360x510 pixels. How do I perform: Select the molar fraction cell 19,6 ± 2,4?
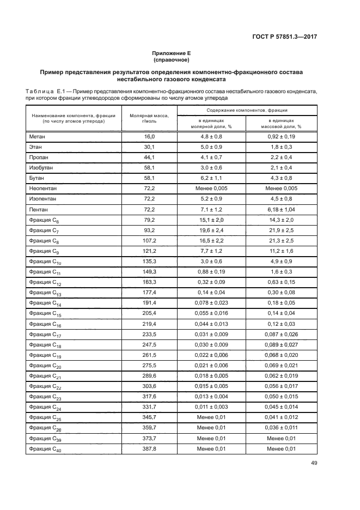pyautogui.click(x=211, y=229)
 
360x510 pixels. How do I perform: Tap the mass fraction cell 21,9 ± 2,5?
pyautogui.click(x=280, y=229)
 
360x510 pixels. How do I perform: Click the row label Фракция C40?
pyautogui.click(x=44, y=448)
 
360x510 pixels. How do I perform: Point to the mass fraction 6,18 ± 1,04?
pyautogui.click(x=280, y=209)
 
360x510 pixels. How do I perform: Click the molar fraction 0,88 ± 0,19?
pyautogui.click(x=211, y=271)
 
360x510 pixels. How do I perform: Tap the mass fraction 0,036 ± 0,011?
pyautogui.click(x=280, y=428)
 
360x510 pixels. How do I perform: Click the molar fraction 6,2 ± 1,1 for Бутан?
pyautogui.click(x=211, y=178)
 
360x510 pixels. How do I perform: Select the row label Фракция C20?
pyautogui.click(x=44, y=365)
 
